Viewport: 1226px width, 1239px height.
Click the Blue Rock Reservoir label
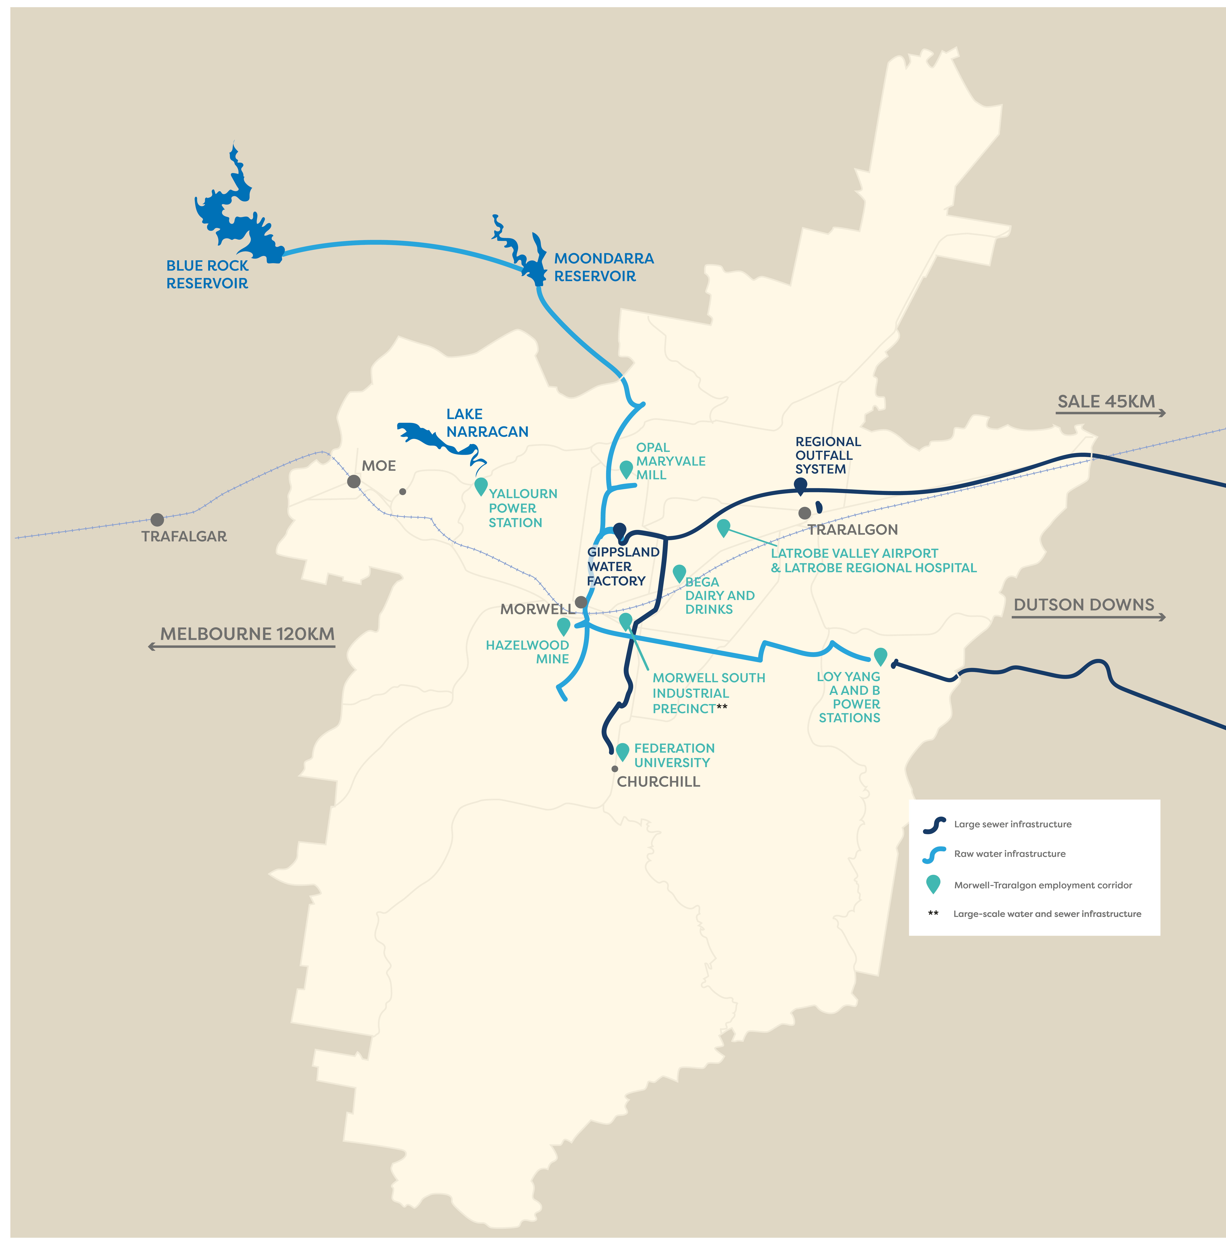pos(207,274)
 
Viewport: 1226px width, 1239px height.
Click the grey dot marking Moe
pos(353,481)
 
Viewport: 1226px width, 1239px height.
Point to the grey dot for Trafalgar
pos(157,519)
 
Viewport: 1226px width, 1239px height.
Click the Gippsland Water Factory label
pos(622,566)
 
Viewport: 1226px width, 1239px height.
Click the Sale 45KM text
pos(1106,401)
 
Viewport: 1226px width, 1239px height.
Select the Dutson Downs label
pos(1084,605)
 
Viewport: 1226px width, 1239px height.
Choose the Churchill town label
pos(658,782)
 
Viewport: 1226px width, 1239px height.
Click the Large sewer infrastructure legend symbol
pos(934,825)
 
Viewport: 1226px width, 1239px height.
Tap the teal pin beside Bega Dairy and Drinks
pos(679,573)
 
